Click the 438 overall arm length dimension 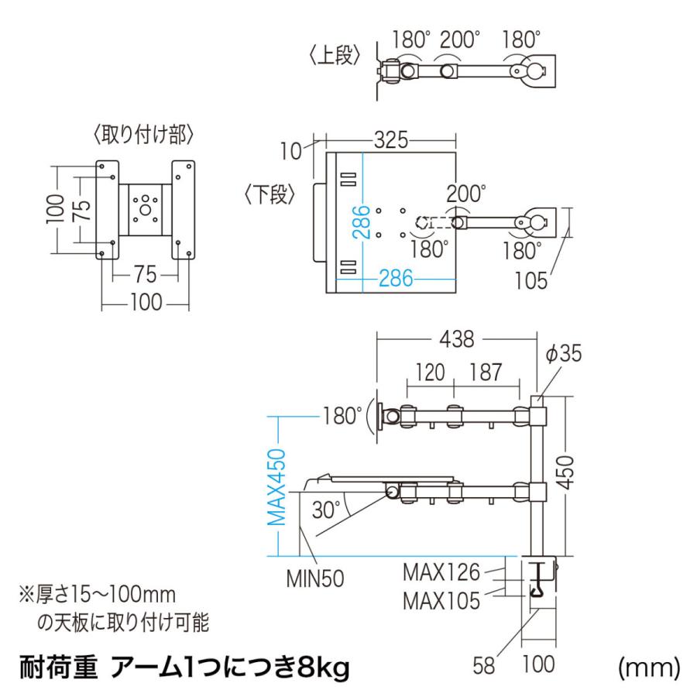click(x=457, y=338)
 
